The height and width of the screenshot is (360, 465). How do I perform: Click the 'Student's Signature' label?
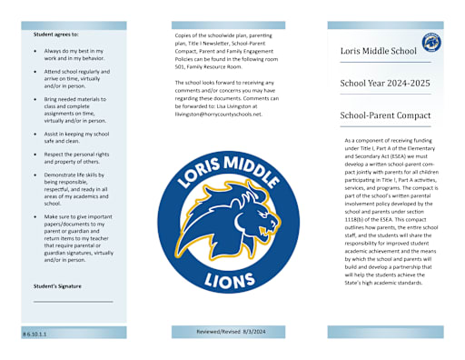[57, 286]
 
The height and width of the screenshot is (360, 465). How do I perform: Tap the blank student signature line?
[73, 301]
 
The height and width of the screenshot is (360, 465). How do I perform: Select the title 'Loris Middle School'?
[378, 51]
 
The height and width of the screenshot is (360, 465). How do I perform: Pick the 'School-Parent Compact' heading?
[383, 116]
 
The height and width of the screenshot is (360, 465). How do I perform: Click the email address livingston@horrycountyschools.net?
[218, 115]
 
